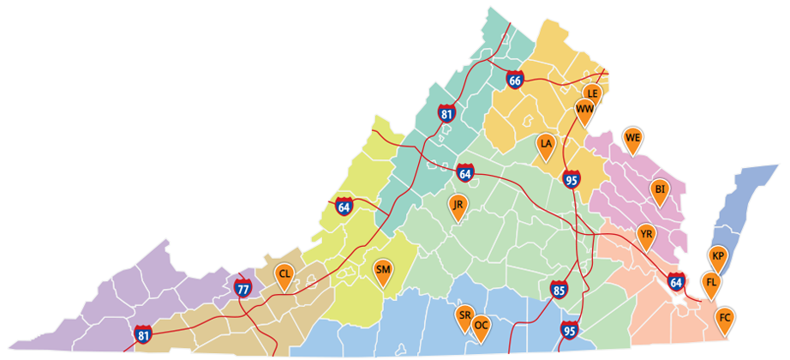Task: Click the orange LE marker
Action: point(591,93)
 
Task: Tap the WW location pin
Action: point(584,110)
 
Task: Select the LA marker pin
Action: point(546,145)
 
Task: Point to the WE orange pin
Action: point(633,138)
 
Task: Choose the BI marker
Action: point(660,189)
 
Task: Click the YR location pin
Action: point(646,233)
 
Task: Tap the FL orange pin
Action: point(710,282)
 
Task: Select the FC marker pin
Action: point(725,318)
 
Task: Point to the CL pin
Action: point(284,274)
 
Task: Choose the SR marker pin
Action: point(464,315)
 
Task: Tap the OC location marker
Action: point(482,327)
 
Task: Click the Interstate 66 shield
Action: point(514,81)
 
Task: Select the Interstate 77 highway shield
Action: point(242,288)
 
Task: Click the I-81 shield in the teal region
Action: point(446,113)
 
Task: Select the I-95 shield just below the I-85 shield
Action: point(569,328)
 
